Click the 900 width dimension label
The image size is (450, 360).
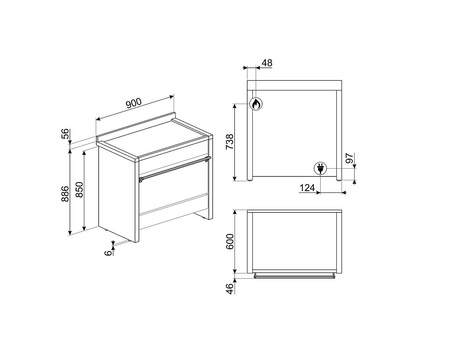point(134,103)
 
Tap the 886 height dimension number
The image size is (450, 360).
point(65,194)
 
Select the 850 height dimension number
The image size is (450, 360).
point(80,189)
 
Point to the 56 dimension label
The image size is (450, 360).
point(66,133)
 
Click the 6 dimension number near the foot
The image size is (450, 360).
point(108,253)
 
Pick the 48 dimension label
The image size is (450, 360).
point(267,63)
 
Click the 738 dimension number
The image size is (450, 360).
point(230,142)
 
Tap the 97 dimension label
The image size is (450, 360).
point(349,158)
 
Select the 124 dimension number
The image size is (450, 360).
point(307,188)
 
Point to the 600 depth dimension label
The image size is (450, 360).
point(230,241)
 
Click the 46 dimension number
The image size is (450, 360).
point(230,289)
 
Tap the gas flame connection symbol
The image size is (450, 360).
point(256,104)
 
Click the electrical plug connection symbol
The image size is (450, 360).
point(320,168)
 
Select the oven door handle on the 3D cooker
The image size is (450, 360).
point(175,169)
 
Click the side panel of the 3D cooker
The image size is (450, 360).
point(117,193)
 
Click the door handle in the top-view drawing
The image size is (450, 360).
point(295,276)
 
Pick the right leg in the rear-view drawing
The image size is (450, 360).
point(339,135)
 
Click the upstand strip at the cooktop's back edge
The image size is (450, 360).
point(136,127)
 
